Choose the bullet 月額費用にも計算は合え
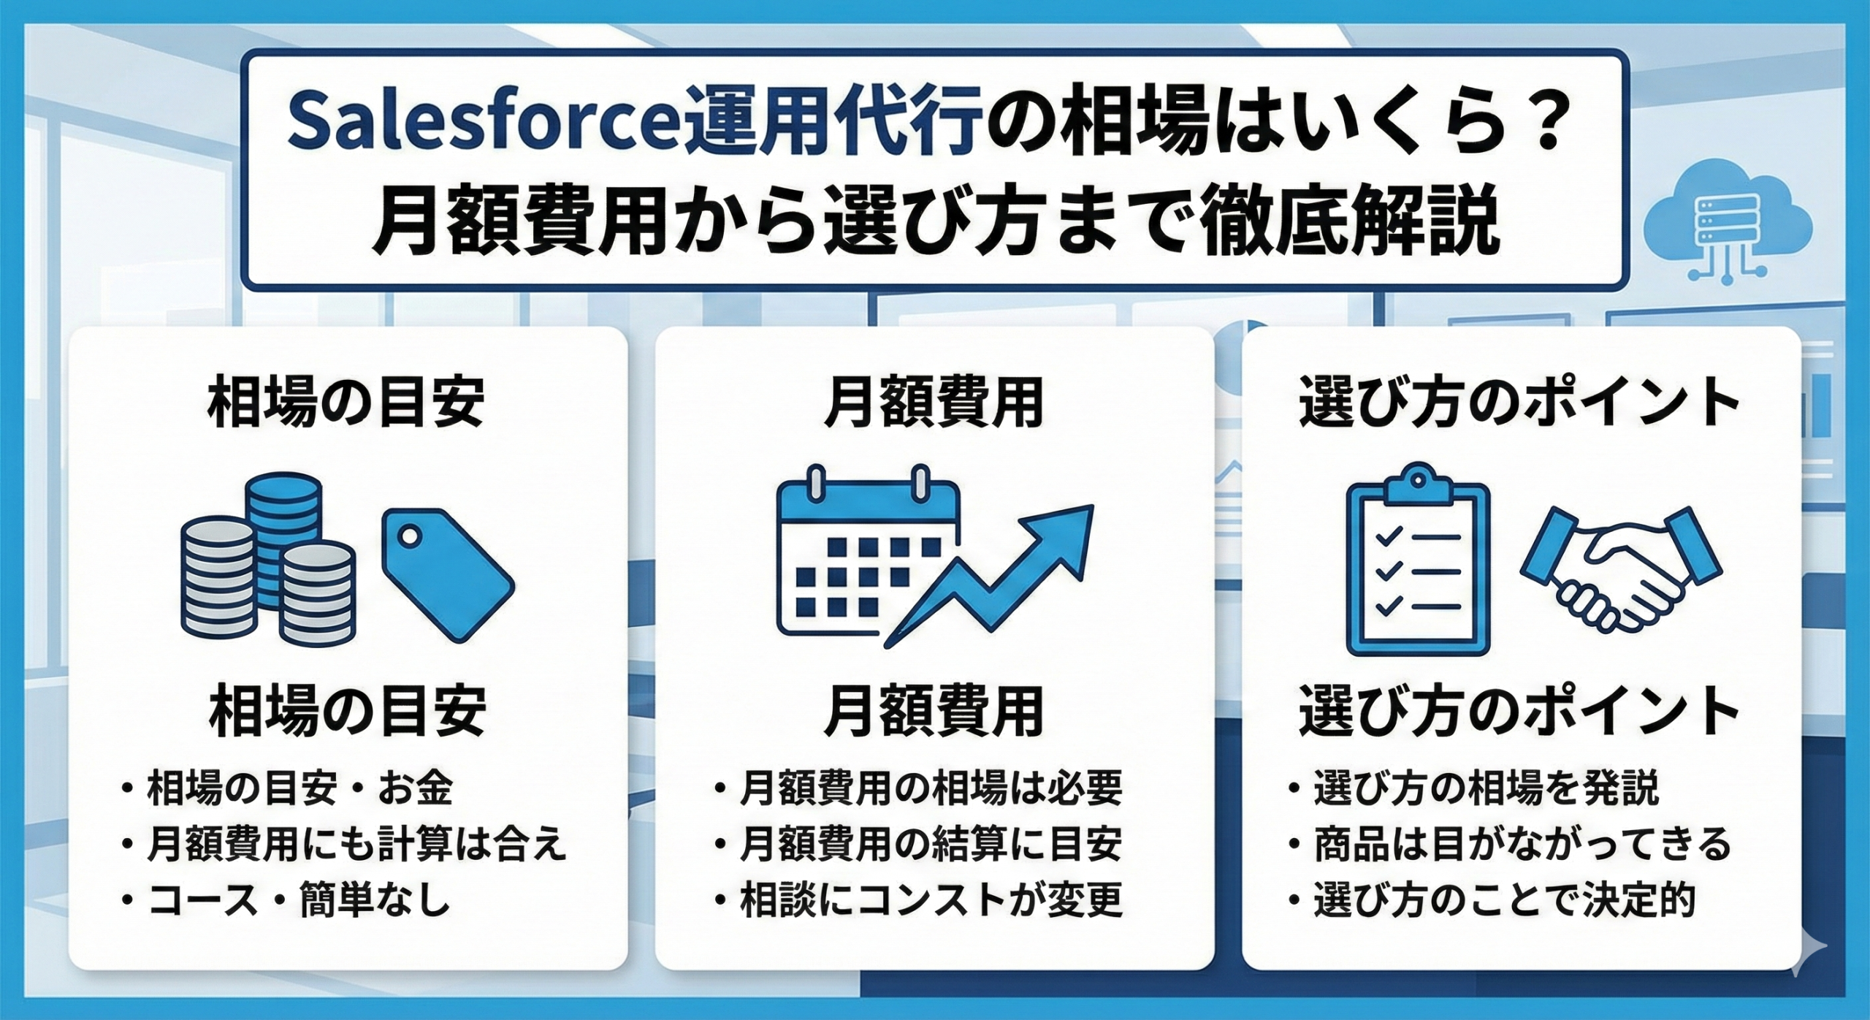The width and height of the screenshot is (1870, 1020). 356,845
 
